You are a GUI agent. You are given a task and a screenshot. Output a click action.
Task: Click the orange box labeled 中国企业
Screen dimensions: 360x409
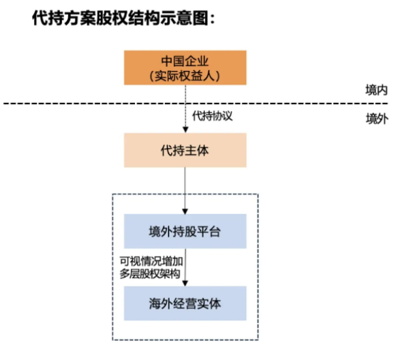pos(184,67)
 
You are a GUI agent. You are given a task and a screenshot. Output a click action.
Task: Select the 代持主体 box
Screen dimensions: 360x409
pos(184,150)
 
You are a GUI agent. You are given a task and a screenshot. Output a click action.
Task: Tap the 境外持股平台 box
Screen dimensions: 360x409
pos(184,232)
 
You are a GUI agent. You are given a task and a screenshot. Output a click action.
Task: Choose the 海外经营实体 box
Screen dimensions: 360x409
pos(184,302)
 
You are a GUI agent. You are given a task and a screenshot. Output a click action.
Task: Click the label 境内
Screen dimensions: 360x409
pos(376,89)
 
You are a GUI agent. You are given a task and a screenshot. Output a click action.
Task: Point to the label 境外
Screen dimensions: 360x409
pos(376,119)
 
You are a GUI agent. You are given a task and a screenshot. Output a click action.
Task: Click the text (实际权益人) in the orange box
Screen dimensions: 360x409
pos(184,76)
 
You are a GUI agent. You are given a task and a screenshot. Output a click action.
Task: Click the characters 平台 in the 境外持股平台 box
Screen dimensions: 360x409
pos(209,232)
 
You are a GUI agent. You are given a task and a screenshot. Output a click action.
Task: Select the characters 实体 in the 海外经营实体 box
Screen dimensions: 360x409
pos(209,302)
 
